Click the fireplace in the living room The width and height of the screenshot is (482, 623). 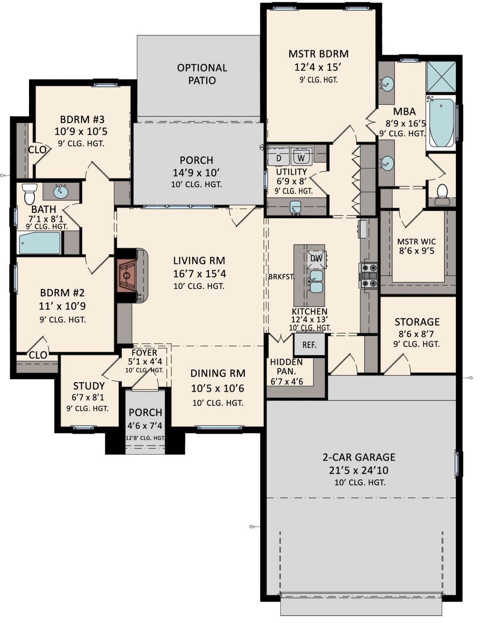(127, 275)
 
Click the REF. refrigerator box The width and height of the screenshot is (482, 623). (309, 344)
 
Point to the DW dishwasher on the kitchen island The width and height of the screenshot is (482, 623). (317, 259)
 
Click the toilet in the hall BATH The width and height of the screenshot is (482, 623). (29, 193)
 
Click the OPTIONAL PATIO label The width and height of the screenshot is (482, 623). (202, 74)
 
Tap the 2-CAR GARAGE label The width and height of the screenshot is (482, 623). (359, 457)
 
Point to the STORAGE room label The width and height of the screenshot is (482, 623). (417, 322)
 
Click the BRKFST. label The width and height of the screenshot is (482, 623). (282, 277)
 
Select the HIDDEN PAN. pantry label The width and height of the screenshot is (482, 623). (286, 367)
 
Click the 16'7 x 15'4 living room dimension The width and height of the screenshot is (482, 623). (199, 274)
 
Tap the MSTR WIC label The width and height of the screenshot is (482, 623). (417, 242)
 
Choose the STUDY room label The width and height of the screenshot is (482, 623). (89, 386)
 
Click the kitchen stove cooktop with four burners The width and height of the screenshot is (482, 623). (369, 275)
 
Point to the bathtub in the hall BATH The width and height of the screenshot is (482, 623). (39, 243)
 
